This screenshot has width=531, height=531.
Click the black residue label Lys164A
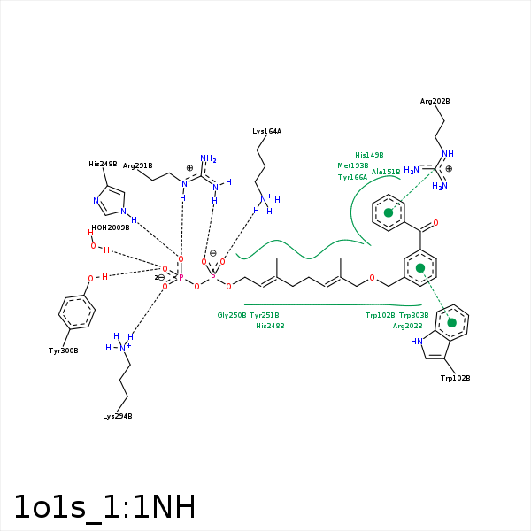(x=266, y=131)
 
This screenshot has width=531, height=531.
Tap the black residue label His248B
(x=103, y=164)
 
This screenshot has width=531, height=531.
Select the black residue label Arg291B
(x=137, y=165)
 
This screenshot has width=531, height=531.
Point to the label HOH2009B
(x=111, y=227)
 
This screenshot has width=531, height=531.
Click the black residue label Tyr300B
(x=63, y=350)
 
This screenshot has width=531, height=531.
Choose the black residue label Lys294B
(x=117, y=416)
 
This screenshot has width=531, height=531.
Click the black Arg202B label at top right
(x=435, y=102)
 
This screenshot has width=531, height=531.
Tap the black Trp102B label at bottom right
(x=455, y=378)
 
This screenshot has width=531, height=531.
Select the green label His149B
(x=369, y=155)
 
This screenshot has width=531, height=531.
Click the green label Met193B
(x=352, y=165)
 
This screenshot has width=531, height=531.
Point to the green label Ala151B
(x=386, y=172)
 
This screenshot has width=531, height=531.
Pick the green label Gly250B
(x=232, y=315)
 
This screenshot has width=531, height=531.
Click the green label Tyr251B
(x=265, y=315)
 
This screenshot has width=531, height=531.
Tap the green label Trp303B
(x=413, y=315)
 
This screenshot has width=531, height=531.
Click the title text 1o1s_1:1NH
(x=104, y=507)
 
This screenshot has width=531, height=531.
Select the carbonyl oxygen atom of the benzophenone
(x=435, y=224)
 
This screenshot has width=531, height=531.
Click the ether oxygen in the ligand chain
(x=372, y=278)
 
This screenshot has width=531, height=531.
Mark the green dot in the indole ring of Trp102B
(x=452, y=322)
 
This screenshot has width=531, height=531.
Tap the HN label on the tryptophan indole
(x=416, y=341)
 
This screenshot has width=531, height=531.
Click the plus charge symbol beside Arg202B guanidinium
(x=449, y=168)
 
